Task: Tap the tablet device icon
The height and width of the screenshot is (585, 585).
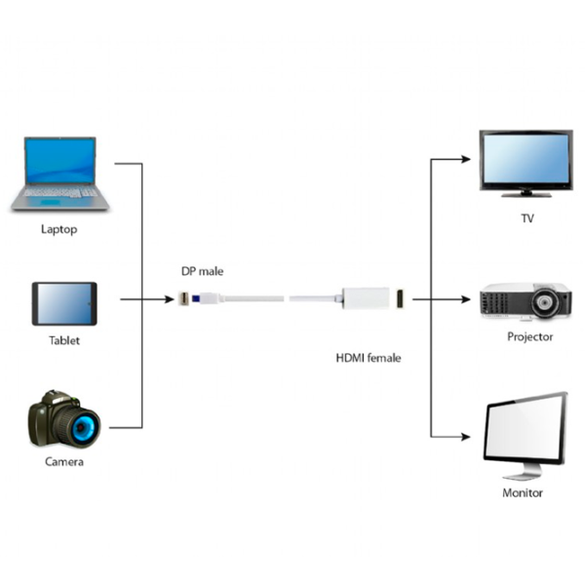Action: [x=64, y=303]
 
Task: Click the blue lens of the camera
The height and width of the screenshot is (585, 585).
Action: [x=77, y=425]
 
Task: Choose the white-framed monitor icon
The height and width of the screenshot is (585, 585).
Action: [x=525, y=435]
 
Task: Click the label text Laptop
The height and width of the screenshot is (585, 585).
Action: [x=58, y=230]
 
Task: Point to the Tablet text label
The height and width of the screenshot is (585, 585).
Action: [x=64, y=341]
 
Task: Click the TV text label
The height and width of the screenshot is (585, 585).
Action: [x=527, y=218]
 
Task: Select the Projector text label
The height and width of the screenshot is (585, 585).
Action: [x=530, y=337]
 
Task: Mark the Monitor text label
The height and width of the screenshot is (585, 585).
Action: [x=523, y=493]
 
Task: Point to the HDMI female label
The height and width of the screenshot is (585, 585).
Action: [x=369, y=358]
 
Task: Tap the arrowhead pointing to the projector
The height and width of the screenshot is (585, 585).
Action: [x=470, y=299]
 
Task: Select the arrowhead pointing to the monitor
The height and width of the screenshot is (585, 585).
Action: [x=470, y=436]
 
